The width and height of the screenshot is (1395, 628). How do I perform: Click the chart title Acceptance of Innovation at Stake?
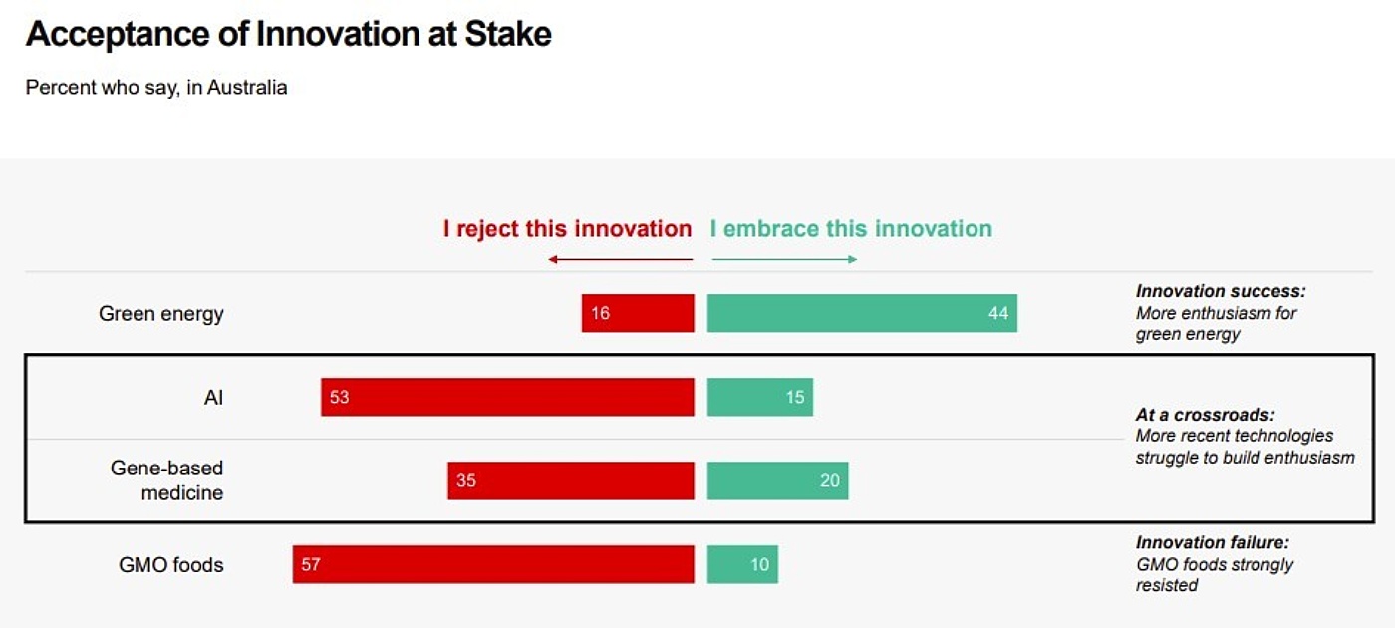click(x=288, y=35)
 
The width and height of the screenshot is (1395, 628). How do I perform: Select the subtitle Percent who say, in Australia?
click(x=156, y=88)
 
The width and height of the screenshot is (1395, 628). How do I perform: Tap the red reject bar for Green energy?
click(x=638, y=313)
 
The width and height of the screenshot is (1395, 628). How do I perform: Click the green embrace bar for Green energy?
click(x=862, y=313)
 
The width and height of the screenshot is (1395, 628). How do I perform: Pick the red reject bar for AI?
click(x=507, y=397)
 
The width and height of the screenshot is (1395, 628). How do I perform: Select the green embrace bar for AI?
click(x=760, y=397)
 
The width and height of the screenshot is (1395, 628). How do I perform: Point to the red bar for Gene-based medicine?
click(x=571, y=480)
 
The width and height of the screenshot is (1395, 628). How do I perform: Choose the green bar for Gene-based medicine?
click(x=777, y=480)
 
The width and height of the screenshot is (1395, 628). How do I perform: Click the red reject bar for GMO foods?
click(x=493, y=564)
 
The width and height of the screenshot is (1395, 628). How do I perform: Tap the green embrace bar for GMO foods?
click(x=742, y=564)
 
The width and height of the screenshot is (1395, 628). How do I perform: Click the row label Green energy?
click(x=161, y=314)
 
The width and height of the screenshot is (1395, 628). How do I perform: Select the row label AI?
click(x=213, y=398)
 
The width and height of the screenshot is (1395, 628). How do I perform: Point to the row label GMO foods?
click(x=171, y=565)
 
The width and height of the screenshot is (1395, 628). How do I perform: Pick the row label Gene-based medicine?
click(x=167, y=480)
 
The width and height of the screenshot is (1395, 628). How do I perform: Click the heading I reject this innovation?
click(x=567, y=229)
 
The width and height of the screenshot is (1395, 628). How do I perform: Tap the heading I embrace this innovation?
click(x=851, y=229)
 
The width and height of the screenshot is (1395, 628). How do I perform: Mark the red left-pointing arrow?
click(x=620, y=260)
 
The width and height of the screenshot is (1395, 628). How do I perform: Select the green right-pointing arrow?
click(x=784, y=260)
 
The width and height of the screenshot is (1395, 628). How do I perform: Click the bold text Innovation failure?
click(x=1213, y=543)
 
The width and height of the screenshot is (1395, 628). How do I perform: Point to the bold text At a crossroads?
click(x=1205, y=415)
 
